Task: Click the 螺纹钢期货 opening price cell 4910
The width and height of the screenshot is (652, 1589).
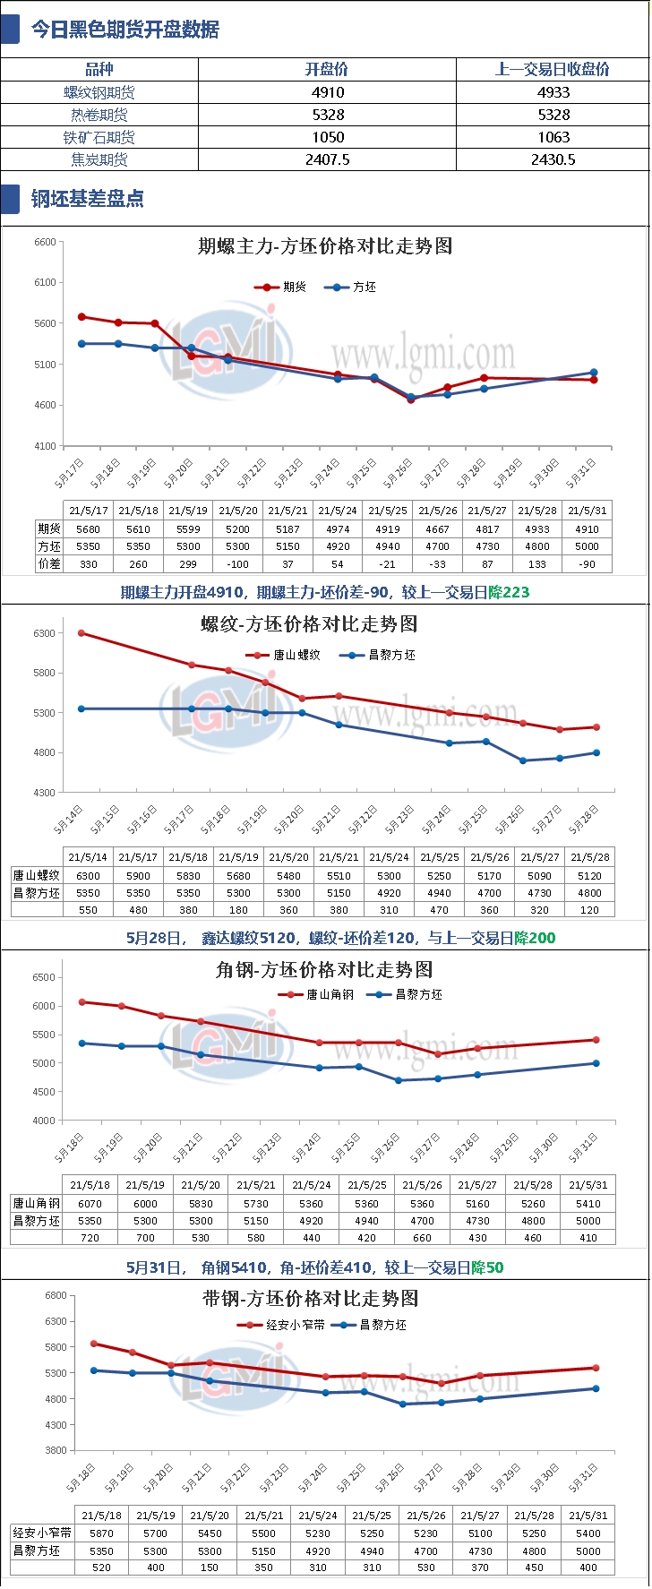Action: point(328,92)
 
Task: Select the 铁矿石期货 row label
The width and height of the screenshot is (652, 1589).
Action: point(99,137)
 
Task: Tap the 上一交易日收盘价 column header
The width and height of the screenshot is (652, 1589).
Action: point(553,69)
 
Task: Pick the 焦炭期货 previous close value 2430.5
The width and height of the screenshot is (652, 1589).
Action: point(553,159)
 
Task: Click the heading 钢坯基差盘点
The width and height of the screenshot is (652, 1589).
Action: point(88,199)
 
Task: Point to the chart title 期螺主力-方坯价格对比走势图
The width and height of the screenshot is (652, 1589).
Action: point(325,246)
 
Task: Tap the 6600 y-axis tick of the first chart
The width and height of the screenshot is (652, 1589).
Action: point(45,242)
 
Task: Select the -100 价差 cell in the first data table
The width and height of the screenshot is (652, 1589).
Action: point(238,564)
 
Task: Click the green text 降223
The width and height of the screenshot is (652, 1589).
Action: point(510,592)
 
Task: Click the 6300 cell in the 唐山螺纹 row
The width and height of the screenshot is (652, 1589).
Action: point(88,875)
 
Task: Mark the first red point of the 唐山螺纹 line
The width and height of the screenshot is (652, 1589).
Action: point(81,633)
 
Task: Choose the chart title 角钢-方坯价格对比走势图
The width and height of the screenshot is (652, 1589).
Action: point(325,969)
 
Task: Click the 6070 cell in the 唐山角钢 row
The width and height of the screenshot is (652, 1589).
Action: point(90,1204)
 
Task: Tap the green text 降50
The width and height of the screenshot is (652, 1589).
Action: point(488,1267)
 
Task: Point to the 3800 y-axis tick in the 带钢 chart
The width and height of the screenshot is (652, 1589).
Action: point(56,1450)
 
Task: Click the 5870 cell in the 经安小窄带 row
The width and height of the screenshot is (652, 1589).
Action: point(102,1533)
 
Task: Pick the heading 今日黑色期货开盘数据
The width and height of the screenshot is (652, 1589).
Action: point(125,30)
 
